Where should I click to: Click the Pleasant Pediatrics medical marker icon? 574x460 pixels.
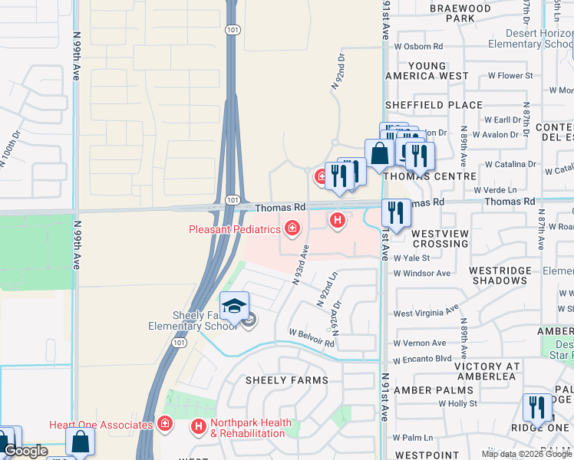pyautogui.click(x=292, y=228)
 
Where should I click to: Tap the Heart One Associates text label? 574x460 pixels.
pyautogui.click(x=101, y=425)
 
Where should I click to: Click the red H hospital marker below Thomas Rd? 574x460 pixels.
pyautogui.click(x=336, y=221)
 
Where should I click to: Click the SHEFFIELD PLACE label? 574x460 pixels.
pyautogui.click(x=434, y=105)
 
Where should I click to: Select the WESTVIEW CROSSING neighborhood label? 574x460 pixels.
pyautogui.click(x=440, y=238)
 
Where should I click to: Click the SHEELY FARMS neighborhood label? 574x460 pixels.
pyautogui.click(x=286, y=380)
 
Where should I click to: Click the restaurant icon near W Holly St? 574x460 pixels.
pyautogui.click(x=536, y=407)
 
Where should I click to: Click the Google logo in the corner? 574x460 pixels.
pyautogui.click(x=25, y=451)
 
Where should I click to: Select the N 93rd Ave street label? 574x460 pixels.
pyautogui.click(x=300, y=264)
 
